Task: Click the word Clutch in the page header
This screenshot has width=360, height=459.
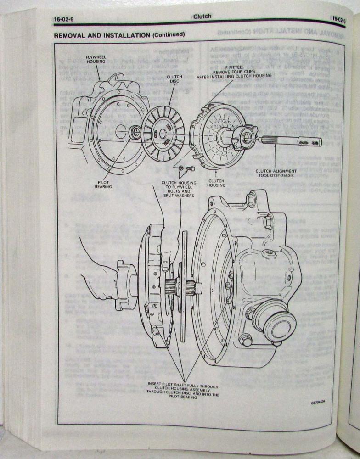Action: tap(202, 17)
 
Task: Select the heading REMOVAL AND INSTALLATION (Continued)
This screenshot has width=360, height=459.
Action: tap(119, 34)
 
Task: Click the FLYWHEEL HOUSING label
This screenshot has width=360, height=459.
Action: tap(96, 60)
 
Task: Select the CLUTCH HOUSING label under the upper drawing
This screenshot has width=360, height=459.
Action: tap(216, 183)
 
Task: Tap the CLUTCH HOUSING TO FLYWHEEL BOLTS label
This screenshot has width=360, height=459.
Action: tap(178, 189)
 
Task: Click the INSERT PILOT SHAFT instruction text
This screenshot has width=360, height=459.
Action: tap(183, 392)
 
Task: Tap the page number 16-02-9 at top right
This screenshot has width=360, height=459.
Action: tap(339, 20)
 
